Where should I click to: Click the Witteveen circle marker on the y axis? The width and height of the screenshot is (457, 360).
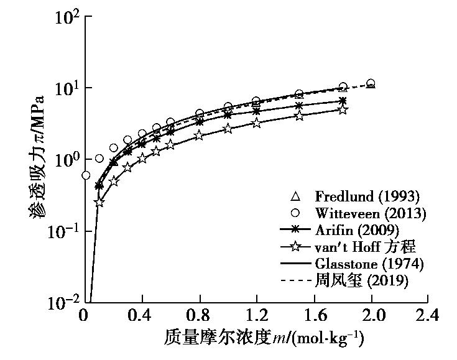(86, 176)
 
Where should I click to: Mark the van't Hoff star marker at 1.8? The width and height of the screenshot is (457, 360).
(343, 109)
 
